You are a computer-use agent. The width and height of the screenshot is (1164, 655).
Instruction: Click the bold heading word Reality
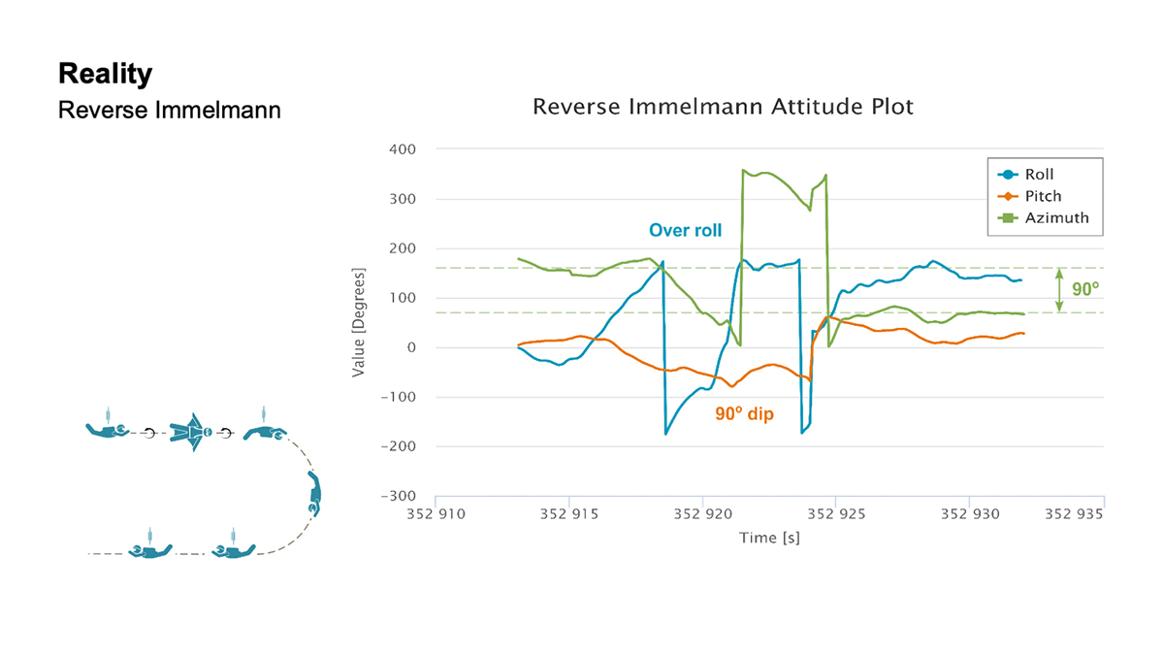[x=105, y=74]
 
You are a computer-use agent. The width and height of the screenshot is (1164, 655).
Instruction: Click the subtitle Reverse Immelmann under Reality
[x=169, y=110]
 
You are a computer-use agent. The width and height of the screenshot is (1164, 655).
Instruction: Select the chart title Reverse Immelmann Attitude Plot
[x=723, y=107]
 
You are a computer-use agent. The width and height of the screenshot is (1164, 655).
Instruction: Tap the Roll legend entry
[x=1039, y=175]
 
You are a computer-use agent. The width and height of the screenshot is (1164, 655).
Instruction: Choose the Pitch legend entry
[x=1043, y=196]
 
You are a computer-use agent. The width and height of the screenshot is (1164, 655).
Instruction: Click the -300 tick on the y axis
[x=399, y=496]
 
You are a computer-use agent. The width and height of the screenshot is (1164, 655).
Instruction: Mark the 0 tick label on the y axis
[x=411, y=347]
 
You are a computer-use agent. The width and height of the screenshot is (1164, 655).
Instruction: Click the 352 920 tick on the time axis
[x=702, y=512]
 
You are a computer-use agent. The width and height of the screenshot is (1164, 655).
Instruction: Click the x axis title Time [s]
[x=769, y=537]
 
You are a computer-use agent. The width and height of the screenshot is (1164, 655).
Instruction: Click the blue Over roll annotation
[x=685, y=231]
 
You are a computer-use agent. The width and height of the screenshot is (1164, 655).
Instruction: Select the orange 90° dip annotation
[x=744, y=414]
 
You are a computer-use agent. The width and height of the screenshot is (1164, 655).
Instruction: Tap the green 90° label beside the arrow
[x=1084, y=289]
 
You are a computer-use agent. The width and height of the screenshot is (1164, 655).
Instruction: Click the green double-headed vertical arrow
[x=1058, y=289]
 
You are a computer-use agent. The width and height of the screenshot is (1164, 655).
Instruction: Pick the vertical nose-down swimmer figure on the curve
[x=314, y=495]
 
